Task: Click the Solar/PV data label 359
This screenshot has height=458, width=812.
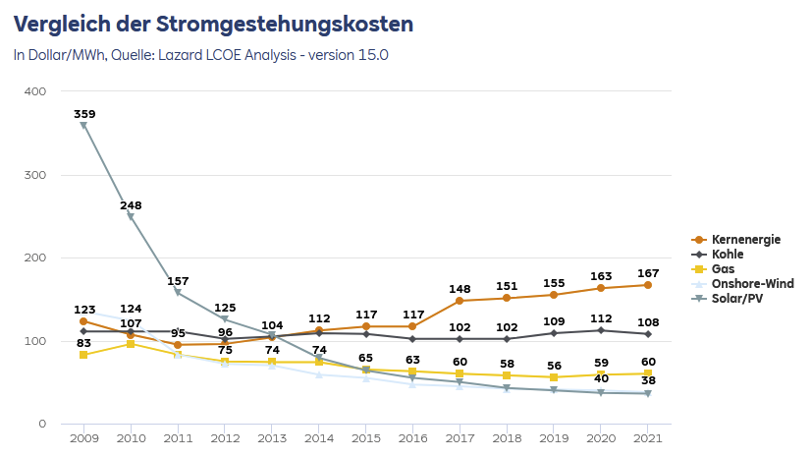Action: pos(83,114)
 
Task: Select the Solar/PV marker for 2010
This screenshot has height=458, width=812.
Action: pos(131,217)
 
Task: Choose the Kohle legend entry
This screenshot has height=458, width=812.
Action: pos(727,254)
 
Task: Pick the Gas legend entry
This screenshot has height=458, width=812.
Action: pos(723,268)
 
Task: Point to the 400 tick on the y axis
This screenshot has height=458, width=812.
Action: pos(35,91)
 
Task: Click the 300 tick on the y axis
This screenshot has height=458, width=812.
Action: pos(35,175)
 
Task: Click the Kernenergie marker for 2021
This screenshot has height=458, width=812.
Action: pos(648,285)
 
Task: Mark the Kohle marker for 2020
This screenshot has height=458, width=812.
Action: pos(601,330)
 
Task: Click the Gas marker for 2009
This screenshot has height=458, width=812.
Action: pos(83,355)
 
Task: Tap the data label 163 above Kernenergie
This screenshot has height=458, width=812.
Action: pos(601,276)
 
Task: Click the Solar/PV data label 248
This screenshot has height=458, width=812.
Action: pos(131,205)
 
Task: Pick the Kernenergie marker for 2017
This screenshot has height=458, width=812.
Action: pos(460,301)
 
